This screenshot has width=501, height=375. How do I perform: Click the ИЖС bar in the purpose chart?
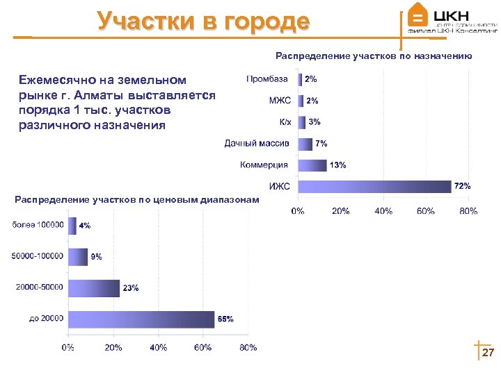coord(374,186)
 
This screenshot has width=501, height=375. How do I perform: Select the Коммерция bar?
coord(312,165)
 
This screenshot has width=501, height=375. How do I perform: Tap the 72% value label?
coord(463,186)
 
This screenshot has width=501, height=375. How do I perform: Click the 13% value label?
coord(337,165)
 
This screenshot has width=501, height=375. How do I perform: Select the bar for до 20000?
coord(141,319)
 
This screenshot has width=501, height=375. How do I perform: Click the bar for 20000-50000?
coord(94,287)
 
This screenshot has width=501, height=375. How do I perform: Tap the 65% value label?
coord(225,319)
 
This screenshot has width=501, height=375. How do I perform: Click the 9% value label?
coord(96,256)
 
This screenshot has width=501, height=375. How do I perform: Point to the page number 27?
coord(488,353)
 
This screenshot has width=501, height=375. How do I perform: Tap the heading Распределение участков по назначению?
coord(374,56)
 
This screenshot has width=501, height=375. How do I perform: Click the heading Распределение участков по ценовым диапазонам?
coord(136,200)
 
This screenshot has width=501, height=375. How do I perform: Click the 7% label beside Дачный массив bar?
coord(321,143)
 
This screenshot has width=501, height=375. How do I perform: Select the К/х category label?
coord(285,122)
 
